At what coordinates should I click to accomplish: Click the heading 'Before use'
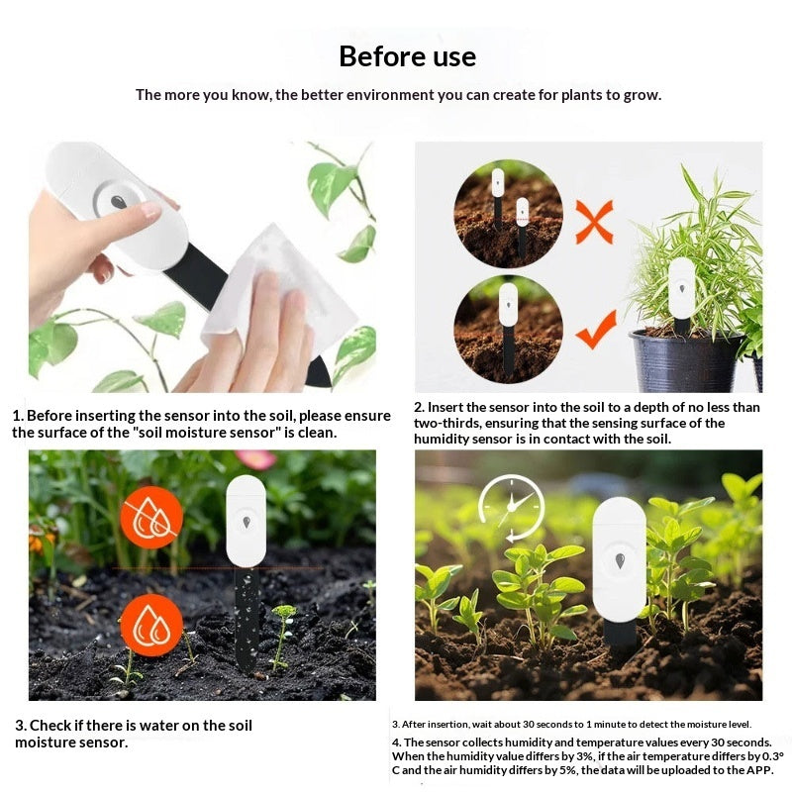[407, 56]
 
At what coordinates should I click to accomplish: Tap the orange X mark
[595, 222]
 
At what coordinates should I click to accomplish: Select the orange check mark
[597, 331]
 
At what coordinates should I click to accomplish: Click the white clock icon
[511, 507]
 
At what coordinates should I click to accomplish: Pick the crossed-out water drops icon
[151, 518]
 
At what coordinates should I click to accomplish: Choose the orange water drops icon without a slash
[151, 626]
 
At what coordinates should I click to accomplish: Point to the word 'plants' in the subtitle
[581, 95]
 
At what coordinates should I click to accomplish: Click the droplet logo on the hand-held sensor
[119, 202]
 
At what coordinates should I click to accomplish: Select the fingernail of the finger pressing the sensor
[151, 210]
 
